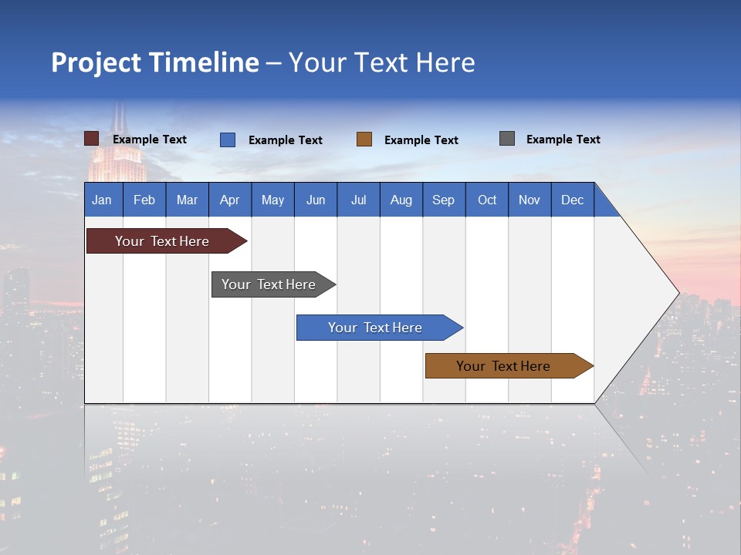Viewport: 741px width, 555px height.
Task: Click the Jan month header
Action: (102, 200)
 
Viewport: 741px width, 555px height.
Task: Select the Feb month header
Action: (144, 200)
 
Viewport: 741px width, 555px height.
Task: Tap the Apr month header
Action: (229, 200)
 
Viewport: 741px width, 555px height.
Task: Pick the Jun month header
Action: (316, 200)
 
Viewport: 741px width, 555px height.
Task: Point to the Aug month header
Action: (401, 200)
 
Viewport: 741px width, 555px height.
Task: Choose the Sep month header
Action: (443, 200)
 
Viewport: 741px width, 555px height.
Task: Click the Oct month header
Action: (487, 200)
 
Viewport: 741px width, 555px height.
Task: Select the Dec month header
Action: (572, 200)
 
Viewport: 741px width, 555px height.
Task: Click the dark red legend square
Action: (92, 139)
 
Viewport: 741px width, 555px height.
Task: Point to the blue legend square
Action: (228, 140)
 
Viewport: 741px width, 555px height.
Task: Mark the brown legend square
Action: (364, 140)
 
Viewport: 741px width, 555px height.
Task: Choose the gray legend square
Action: (507, 139)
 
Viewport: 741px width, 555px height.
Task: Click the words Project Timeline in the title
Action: (155, 62)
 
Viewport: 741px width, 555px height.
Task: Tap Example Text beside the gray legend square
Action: (563, 140)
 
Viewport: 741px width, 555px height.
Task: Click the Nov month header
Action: (530, 200)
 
